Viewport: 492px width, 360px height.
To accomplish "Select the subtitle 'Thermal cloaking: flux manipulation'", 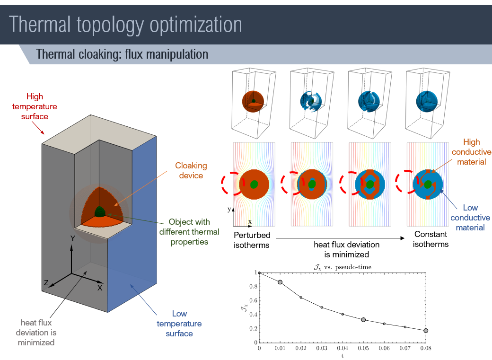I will pyautogui.click(x=122, y=54).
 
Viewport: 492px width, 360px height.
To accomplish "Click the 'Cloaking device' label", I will pyautogui.click(x=191, y=170).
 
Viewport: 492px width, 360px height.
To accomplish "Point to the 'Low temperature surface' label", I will pyautogui.click(x=179, y=324).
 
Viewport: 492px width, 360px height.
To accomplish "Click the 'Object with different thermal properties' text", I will pyautogui.click(x=189, y=232).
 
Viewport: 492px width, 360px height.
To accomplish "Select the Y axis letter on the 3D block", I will pyautogui.click(x=72, y=239).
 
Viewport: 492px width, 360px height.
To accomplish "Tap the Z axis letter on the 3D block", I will pyautogui.click(x=46, y=282).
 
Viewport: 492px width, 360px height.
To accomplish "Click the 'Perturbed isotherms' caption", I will pyautogui.click(x=252, y=240).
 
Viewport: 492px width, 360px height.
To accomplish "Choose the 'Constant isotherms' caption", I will pyautogui.click(x=430, y=239).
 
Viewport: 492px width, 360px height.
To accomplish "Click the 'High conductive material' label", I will pyautogui.click(x=471, y=151).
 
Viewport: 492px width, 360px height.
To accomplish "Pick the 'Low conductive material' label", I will pyautogui.click(x=470, y=218).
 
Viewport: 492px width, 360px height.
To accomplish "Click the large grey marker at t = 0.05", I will pyautogui.click(x=363, y=320).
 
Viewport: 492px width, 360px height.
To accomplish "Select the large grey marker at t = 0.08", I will pyautogui.click(x=426, y=331).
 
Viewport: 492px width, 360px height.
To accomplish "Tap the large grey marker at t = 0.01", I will pyautogui.click(x=280, y=282).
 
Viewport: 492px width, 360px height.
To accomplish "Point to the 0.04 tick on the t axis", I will pyautogui.click(x=343, y=349).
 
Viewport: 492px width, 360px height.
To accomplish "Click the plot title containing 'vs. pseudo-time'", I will pyautogui.click(x=343, y=267).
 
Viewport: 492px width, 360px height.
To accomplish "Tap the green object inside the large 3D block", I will pyautogui.click(x=100, y=211).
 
